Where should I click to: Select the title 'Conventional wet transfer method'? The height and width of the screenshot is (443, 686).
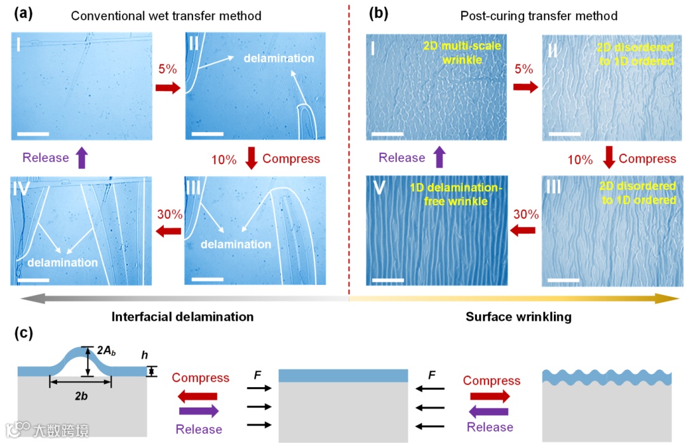166,15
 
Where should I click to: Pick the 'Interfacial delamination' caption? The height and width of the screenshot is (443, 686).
183,316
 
